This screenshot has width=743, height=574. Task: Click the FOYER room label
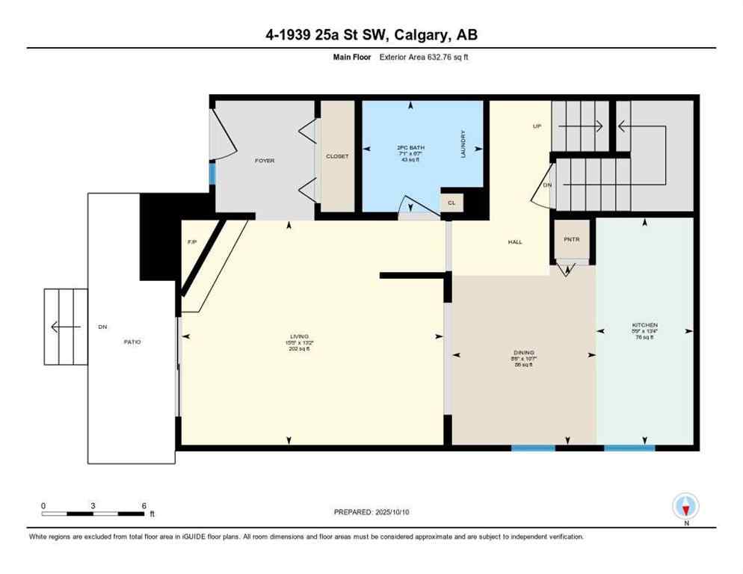point(265,161)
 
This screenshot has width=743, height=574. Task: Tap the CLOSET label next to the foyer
point(337,156)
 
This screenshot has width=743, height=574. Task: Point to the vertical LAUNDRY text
point(463,143)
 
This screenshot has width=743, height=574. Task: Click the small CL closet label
point(451,203)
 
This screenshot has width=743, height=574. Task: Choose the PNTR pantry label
point(573,239)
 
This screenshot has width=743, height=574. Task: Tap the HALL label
point(515,241)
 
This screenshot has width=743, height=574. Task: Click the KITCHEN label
point(644,325)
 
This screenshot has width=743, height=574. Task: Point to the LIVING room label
point(300,337)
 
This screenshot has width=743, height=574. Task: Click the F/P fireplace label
point(191,241)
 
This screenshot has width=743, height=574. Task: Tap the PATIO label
point(132,342)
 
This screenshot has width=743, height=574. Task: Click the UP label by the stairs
point(537,126)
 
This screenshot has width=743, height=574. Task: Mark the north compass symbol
point(685,507)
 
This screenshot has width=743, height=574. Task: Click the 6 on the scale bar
point(143,505)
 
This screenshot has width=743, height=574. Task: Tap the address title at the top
point(371,35)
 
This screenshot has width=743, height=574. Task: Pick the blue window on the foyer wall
point(212,173)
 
